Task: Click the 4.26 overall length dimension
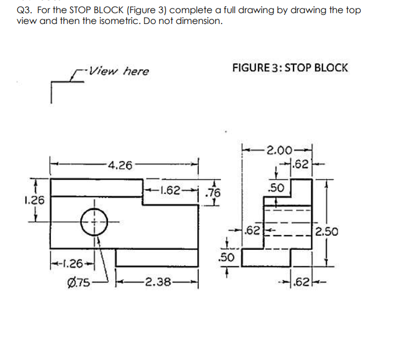[120, 166]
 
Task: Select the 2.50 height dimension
[327, 232]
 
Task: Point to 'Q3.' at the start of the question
[25, 11]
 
